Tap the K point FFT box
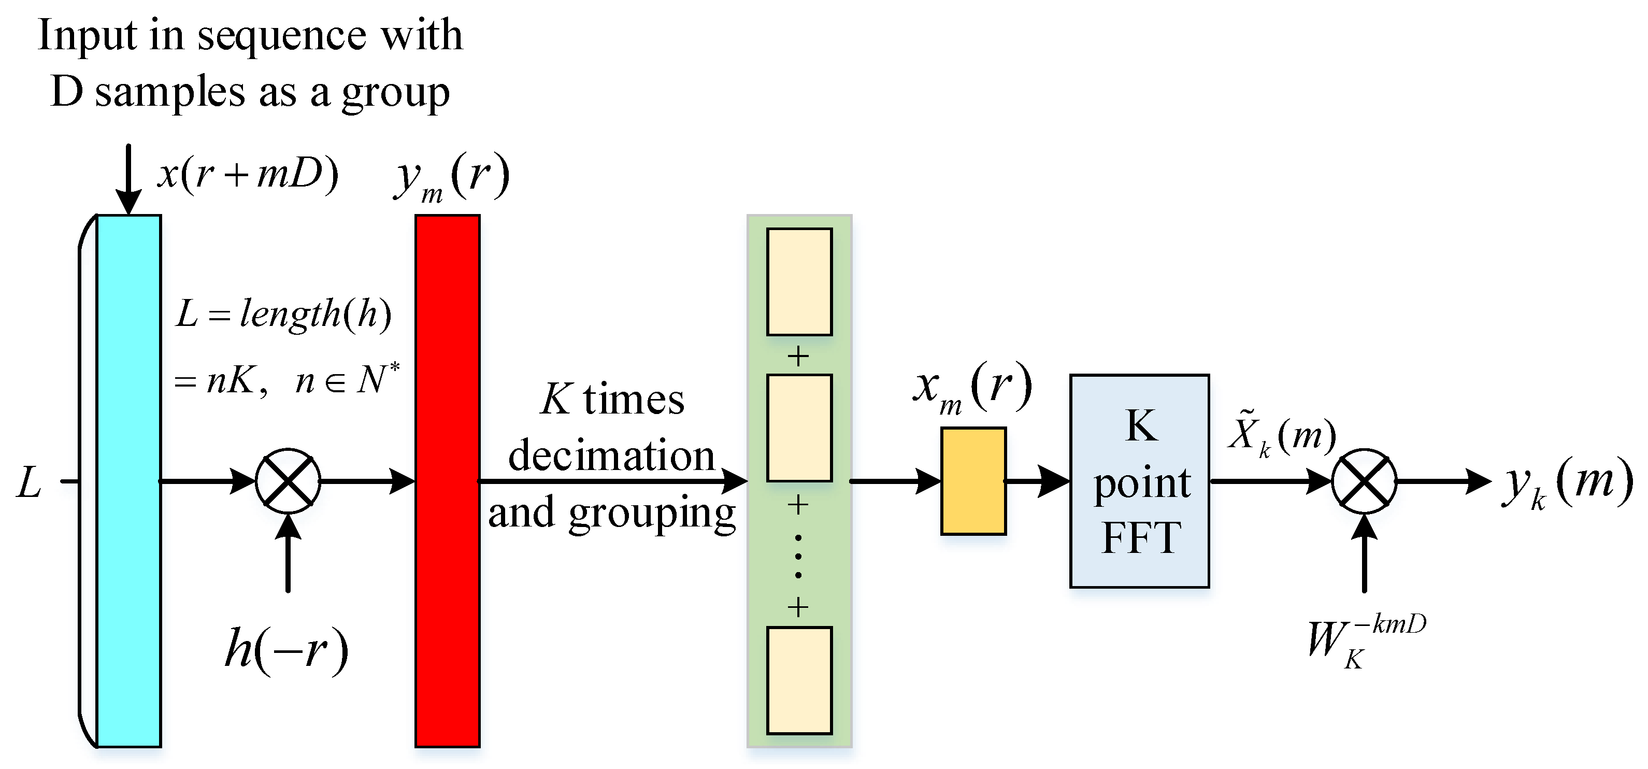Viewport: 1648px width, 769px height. tap(1139, 481)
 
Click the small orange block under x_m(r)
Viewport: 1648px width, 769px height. tap(973, 481)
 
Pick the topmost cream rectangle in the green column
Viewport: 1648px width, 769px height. tap(799, 281)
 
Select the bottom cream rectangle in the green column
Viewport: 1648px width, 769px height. tap(799, 680)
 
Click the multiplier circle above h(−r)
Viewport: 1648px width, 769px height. tap(288, 481)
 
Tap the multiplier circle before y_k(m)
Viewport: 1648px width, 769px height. tap(1364, 481)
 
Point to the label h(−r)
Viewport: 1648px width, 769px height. tap(286, 649)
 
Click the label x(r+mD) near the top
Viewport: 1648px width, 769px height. tap(248, 174)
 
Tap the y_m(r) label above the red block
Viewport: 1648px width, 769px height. tap(452, 176)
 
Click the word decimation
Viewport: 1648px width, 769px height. tap(611, 455)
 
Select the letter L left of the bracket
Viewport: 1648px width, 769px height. tap(30, 482)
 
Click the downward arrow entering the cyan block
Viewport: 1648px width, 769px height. tap(128, 179)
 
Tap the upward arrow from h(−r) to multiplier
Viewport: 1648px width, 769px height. tap(288, 553)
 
